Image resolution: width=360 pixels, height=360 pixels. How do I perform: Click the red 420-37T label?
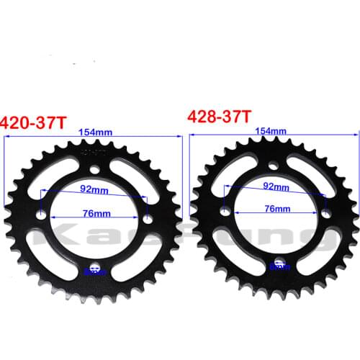34,122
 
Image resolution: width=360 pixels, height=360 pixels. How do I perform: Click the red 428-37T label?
219,116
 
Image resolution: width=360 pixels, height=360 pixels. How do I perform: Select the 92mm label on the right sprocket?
274,186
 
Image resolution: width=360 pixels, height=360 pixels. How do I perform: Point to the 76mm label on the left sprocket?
96,214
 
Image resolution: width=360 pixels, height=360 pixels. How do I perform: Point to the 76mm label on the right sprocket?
274,209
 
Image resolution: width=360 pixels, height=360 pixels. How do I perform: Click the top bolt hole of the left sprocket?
95,170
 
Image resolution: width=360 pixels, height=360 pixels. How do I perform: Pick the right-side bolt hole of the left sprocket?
145,219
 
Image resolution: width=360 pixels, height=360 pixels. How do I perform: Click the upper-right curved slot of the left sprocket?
130,180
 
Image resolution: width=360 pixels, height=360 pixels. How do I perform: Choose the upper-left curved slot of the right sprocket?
238,177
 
